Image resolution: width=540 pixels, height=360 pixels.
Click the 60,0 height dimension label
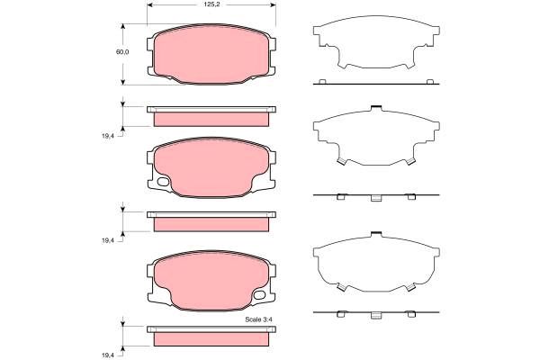coord(122,52)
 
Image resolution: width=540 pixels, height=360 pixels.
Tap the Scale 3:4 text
coord(258,319)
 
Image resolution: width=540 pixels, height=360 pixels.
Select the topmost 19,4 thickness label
coord(107,136)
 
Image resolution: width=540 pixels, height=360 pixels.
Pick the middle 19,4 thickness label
coord(107,241)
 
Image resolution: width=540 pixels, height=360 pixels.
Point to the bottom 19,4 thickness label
coord(107,355)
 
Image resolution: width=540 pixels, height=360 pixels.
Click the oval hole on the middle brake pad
coord(163,182)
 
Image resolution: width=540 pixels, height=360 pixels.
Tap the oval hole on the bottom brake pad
coord(259,295)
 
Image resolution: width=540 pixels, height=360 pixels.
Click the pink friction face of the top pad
coord(211,54)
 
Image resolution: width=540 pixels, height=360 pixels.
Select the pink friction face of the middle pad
coord(211,167)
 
